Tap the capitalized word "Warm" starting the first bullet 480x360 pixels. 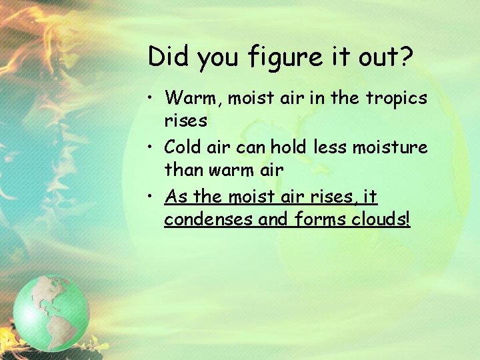click(x=193, y=99)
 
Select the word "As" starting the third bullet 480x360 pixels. click(x=175, y=197)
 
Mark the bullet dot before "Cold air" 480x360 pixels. click(x=153, y=147)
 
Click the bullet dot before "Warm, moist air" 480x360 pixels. click(x=153, y=99)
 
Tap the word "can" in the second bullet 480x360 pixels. click(x=259, y=147)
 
